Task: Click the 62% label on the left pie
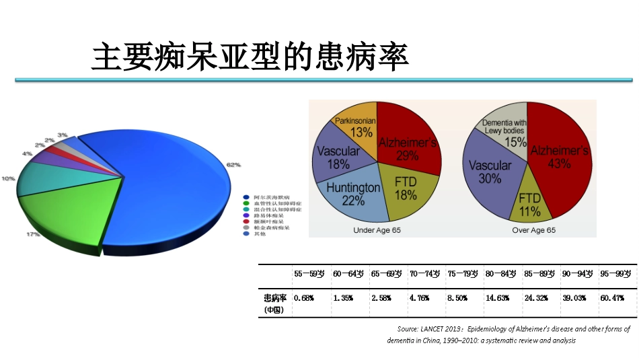click(233, 164)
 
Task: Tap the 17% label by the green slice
click(32, 234)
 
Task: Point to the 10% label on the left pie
click(8, 178)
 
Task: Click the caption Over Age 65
click(534, 230)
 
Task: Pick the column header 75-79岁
click(461, 274)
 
